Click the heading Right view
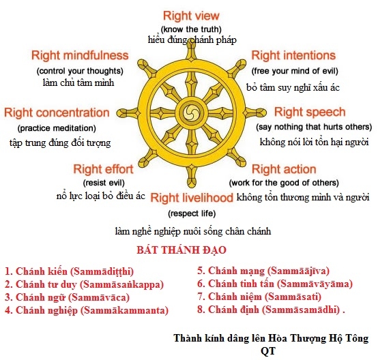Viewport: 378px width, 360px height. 191,16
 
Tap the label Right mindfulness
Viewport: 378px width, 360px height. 80,55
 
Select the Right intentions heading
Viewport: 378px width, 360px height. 293,55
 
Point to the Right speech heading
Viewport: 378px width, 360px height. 310,112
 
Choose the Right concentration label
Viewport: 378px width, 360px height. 57,112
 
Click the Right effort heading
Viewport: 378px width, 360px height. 103,169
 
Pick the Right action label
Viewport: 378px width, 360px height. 284,169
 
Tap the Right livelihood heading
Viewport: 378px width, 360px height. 192,198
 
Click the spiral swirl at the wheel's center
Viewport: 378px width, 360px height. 192,112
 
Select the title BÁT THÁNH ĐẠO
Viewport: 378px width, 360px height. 181,250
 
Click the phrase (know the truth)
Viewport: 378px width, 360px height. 191,29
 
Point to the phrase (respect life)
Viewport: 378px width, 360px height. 192,213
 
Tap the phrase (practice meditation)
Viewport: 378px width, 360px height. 57,128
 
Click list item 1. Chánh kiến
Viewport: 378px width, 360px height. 69,271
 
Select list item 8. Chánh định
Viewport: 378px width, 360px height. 271,310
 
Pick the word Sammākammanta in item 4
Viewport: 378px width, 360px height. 124,310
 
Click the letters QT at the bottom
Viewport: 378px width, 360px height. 268,351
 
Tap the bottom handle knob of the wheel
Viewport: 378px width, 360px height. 192,181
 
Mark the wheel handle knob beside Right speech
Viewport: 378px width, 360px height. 260,112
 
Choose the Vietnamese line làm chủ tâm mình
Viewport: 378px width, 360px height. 78,82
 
